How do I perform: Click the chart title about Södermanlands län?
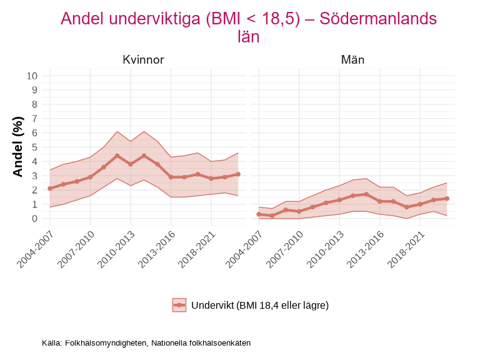(248, 27)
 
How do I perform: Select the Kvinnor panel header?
(143, 60)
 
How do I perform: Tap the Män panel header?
(352, 60)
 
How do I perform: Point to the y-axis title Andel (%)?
(18, 147)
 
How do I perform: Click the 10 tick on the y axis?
(32, 76)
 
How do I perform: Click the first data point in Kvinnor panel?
(50, 188)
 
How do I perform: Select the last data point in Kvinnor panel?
(238, 174)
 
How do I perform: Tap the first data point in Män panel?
(259, 214)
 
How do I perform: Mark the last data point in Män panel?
(447, 199)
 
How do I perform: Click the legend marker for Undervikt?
(179, 305)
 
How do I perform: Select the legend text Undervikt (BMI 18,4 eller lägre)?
(260, 305)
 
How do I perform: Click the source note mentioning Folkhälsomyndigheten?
(146, 343)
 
